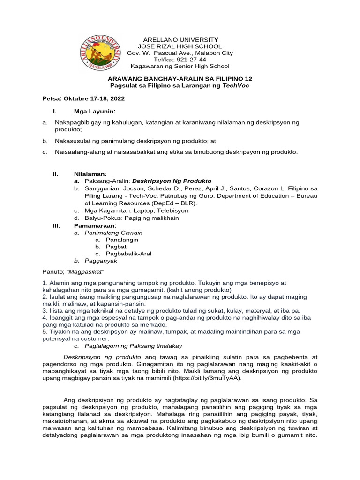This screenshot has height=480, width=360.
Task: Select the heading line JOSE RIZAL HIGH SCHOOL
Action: (180, 46)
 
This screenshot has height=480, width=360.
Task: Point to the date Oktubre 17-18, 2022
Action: (96, 100)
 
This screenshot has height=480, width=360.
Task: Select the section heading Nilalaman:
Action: (92, 173)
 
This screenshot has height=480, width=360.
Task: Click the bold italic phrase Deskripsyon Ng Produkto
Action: (172, 180)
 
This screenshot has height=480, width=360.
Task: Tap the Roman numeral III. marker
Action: (57, 225)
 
